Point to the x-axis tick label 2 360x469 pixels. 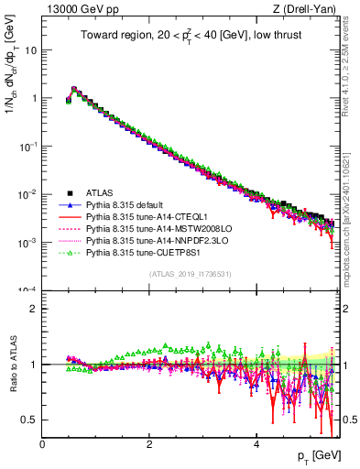149,442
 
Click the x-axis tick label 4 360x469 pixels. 256,442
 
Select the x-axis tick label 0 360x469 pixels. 42,442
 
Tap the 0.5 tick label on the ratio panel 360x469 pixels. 29,420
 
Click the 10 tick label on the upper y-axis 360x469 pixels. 30,50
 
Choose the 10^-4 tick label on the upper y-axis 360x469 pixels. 27,290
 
